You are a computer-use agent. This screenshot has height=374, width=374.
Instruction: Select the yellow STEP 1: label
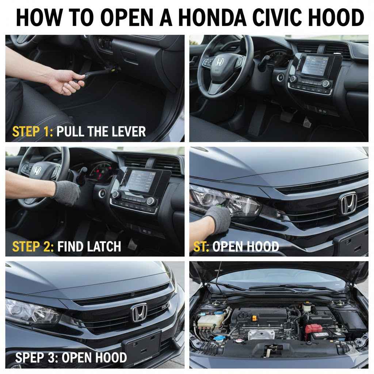click(33, 131)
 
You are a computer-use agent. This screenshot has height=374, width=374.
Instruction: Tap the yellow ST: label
click(201, 246)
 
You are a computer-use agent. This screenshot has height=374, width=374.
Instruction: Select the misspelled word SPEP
click(30, 357)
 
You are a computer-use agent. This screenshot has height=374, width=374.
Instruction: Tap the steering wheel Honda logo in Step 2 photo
click(37, 170)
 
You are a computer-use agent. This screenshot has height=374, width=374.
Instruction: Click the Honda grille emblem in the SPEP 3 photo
click(138, 313)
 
